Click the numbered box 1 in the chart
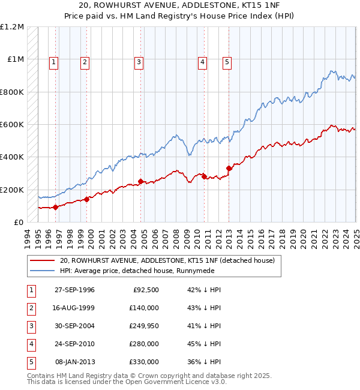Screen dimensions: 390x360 pos(54,61)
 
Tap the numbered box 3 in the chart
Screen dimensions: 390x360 pos(139,61)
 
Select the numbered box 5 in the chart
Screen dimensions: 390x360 pos(227,61)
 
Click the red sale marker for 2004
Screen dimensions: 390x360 pos(141,181)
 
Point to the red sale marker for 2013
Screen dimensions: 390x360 pos(229,168)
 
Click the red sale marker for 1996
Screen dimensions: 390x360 pos(56,207)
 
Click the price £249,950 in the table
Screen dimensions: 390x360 pos(144,326)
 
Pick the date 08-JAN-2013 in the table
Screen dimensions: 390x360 pos(74,362)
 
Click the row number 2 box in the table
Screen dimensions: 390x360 pos(31,308)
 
